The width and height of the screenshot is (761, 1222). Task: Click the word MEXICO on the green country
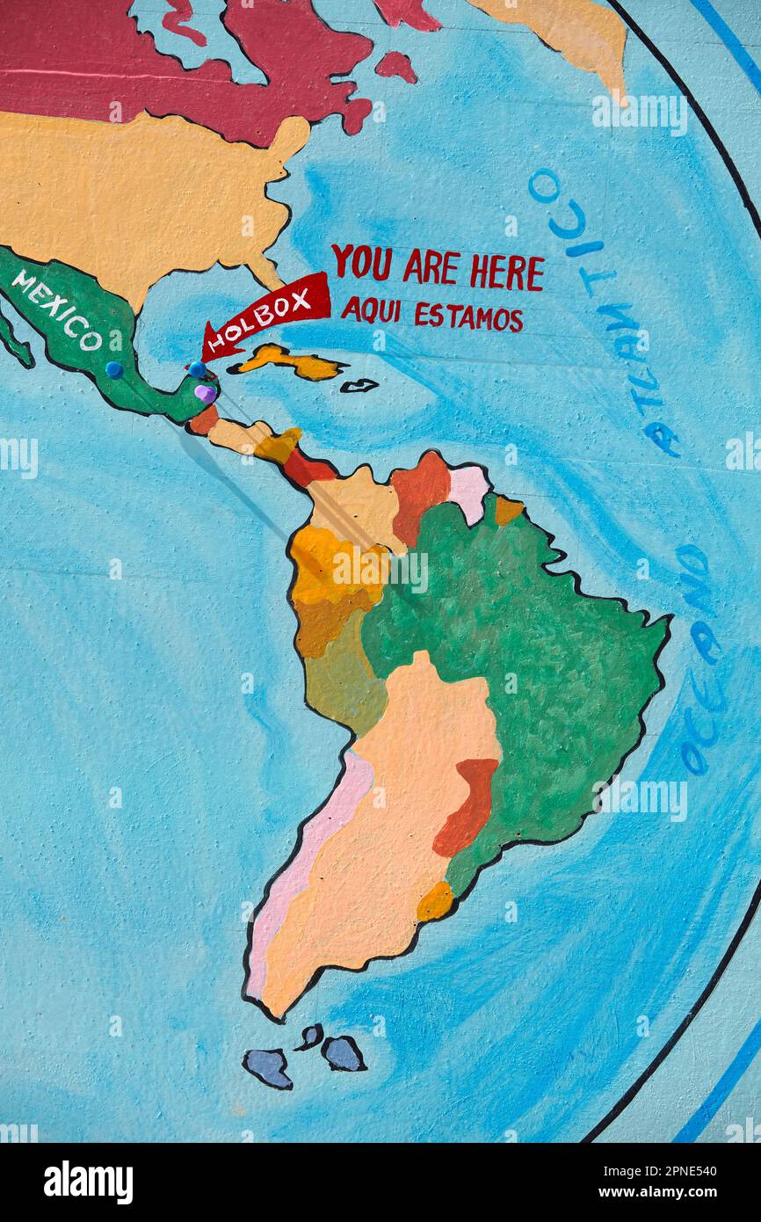(56, 309)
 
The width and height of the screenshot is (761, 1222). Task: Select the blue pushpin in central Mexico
(114, 369)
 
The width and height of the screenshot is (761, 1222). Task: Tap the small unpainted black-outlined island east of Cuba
(359, 385)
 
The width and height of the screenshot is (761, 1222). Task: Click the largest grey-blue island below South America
(268, 1067)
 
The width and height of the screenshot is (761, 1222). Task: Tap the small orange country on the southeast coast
(434, 901)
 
